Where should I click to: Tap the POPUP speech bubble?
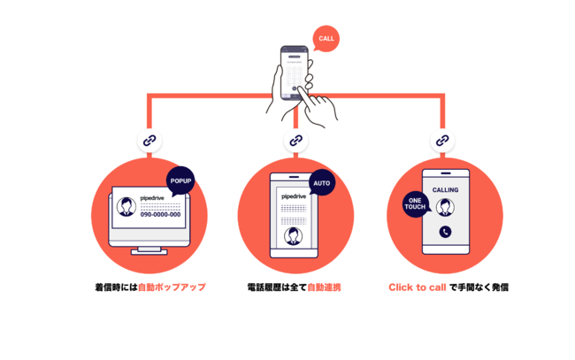click(x=180, y=181)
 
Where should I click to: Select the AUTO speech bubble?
click(x=322, y=182)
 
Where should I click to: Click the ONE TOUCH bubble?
click(x=416, y=204)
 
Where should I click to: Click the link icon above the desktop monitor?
click(x=150, y=140)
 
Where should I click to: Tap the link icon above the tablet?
click(x=296, y=140)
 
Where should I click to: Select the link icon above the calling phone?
click(x=442, y=140)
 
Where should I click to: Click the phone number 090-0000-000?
click(x=160, y=214)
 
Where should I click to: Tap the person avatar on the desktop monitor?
click(x=126, y=206)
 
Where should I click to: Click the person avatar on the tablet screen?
click(x=293, y=236)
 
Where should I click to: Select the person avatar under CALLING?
click(x=445, y=208)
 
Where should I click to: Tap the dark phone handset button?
click(x=445, y=232)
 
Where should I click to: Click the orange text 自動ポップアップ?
click(x=172, y=287)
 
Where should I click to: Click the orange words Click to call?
click(x=418, y=287)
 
